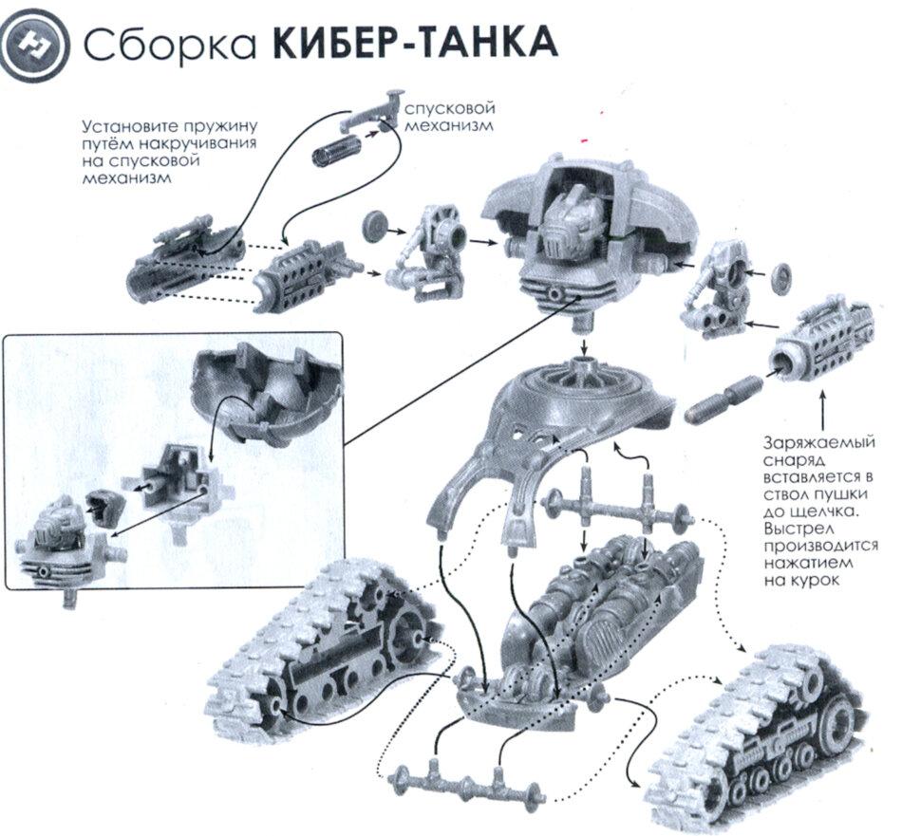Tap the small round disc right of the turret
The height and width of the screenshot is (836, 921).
tap(784, 276)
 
